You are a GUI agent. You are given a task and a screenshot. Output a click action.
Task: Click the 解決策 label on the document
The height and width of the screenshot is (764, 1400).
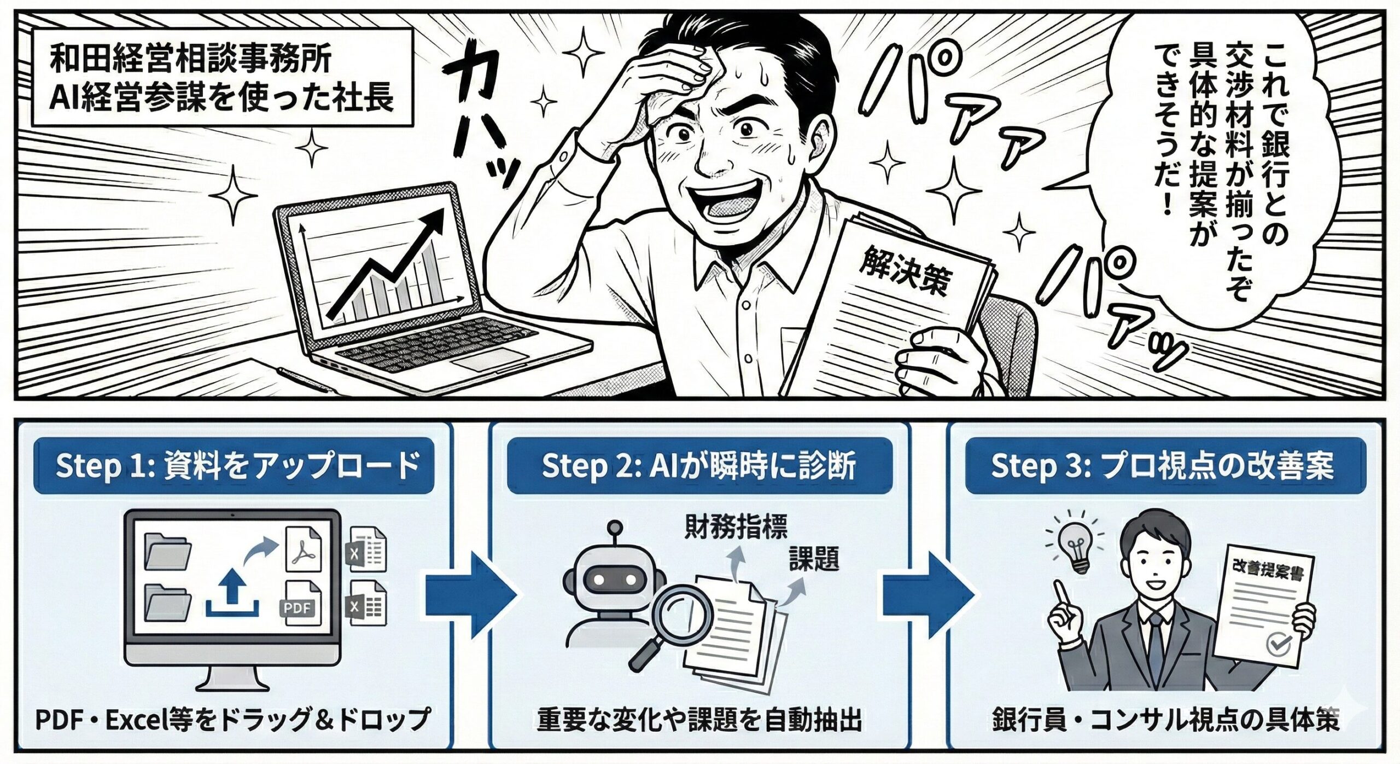click(x=905, y=274)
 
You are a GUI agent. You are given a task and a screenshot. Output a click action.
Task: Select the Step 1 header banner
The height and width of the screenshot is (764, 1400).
click(x=234, y=466)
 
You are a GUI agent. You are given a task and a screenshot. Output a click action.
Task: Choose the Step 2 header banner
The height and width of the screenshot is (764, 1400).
click(x=699, y=466)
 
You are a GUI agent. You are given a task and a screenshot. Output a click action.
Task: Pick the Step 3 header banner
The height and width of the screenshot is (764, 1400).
click(x=1165, y=466)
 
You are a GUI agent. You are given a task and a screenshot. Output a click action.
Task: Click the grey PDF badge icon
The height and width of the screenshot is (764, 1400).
click(x=300, y=608)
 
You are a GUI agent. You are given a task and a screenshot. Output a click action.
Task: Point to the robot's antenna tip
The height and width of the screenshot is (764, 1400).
click(x=616, y=528)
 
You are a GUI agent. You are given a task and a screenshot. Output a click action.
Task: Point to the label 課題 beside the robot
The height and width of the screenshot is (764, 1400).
click(x=814, y=559)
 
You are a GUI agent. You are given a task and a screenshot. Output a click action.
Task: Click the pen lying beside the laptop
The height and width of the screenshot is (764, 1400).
click(x=306, y=380)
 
